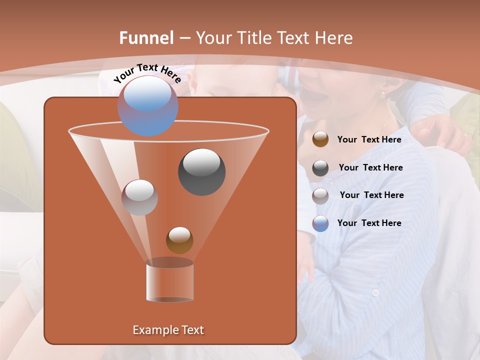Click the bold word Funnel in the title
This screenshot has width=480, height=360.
point(146,38)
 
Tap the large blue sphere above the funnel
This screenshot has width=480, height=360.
point(147,106)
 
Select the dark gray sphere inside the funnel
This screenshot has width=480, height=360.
point(201,171)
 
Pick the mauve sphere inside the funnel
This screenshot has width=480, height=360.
point(139,197)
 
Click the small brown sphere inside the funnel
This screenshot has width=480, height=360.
point(179,240)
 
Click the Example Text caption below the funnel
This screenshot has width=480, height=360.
point(168,330)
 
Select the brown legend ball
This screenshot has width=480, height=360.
point(320,139)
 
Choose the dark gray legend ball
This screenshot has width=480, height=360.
point(320,168)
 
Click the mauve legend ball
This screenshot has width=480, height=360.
point(320,195)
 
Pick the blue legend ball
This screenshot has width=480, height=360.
point(320,223)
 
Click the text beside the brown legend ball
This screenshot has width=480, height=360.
point(369,140)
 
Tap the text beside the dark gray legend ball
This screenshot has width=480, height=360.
point(370,168)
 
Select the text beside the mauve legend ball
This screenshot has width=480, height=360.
point(371,195)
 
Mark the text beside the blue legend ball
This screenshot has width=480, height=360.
point(369,223)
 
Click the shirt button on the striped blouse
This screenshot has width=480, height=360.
point(375,292)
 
